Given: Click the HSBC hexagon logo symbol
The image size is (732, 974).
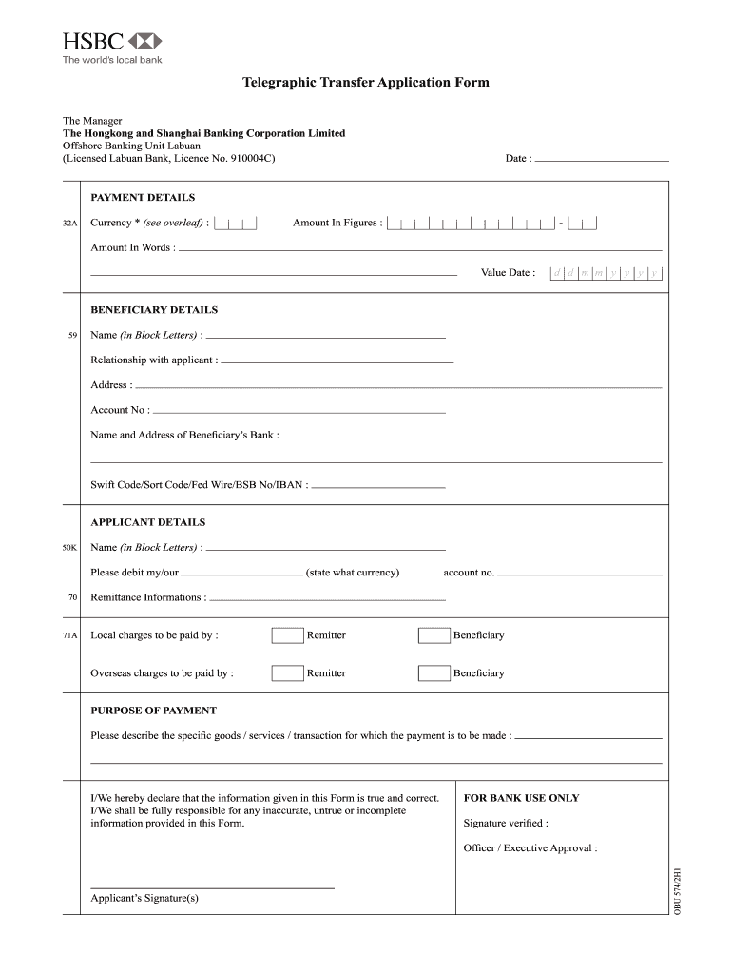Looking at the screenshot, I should tap(144, 41).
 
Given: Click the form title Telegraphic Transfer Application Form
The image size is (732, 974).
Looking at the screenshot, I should tap(366, 83).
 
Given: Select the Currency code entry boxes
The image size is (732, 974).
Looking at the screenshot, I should tap(236, 224).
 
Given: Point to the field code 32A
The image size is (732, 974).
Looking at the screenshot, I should tap(69, 224).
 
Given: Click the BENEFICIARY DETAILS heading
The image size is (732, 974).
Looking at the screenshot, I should tap(154, 310).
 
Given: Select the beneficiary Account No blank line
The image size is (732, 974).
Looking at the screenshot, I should tap(299, 412).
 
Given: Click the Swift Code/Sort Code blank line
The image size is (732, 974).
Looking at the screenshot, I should tap(378, 486).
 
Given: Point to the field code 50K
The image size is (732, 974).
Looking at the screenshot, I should tap(69, 548).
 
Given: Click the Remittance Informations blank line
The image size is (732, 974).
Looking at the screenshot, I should tap(326, 599).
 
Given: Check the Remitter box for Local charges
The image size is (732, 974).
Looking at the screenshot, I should tap(287, 635).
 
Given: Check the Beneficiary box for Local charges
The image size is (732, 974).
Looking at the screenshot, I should tap(433, 635).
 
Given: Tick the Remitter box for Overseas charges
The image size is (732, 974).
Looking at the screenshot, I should tap(287, 673).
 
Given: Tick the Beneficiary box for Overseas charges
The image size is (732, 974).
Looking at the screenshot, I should tap(433, 673).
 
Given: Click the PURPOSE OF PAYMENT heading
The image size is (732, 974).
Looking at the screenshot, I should tap(153, 711).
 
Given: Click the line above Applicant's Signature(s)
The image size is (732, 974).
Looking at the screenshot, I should tap(212, 887).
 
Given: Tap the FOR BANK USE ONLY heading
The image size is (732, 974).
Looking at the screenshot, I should tap(521, 798).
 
